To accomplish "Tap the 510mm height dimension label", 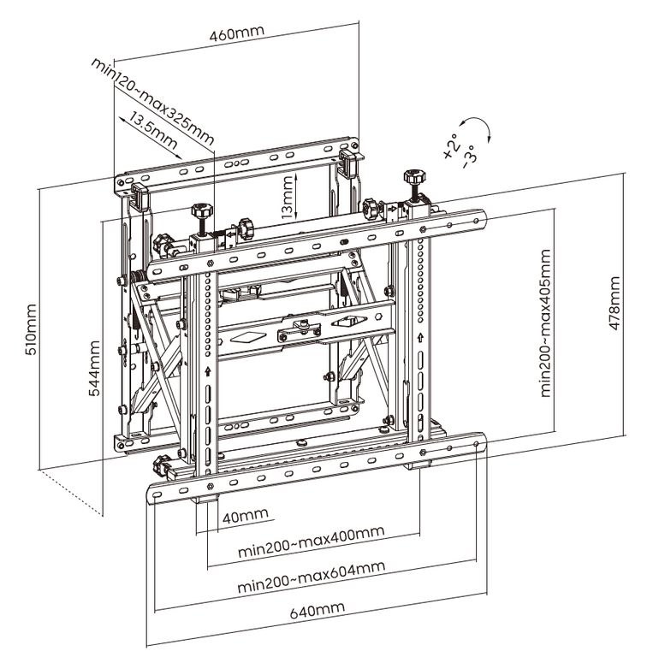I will [32, 328].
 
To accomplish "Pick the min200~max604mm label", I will [311, 577].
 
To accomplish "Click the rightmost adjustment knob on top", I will [414, 181].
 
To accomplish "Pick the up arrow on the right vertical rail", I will [419, 340].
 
